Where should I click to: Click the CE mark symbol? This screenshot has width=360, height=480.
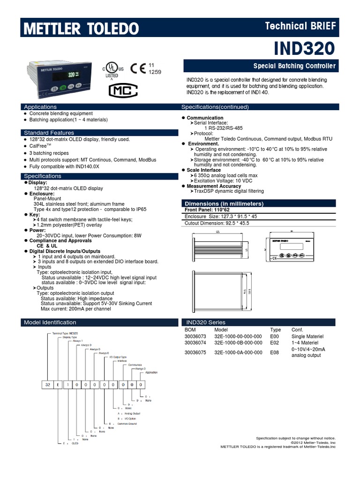pos(138,68)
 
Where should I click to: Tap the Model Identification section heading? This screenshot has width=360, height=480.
pos(50,322)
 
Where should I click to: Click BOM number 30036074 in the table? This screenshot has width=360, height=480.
pos(196,343)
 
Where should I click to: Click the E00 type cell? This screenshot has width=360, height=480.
pos(275,336)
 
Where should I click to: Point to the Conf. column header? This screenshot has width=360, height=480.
pos(297,330)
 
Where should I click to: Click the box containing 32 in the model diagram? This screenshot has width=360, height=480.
pos(48,384)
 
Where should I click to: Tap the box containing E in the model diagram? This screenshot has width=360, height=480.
pos(59,384)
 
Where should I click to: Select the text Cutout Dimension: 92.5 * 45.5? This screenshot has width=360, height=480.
pos(214,223)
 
